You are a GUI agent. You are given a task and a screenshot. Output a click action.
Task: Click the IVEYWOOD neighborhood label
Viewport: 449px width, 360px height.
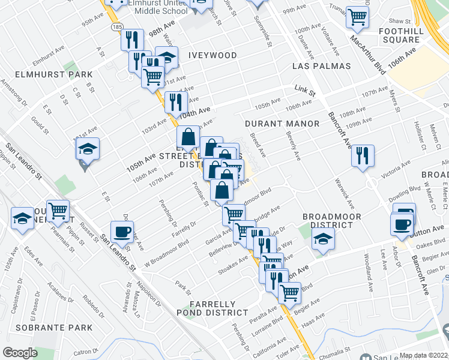[212, 55]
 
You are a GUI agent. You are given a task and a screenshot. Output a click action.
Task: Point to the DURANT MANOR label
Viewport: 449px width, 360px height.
[275, 124]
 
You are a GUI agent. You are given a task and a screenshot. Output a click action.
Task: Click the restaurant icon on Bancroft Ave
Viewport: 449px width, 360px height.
[363, 155]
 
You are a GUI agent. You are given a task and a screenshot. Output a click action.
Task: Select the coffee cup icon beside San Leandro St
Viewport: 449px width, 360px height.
[122, 232]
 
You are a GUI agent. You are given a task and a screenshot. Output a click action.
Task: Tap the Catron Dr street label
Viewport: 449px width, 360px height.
[86, 351]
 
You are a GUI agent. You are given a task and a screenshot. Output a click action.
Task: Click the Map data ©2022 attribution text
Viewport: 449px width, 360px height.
[424, 355]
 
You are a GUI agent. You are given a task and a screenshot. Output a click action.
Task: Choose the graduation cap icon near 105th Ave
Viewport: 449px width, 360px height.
[88, 149]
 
